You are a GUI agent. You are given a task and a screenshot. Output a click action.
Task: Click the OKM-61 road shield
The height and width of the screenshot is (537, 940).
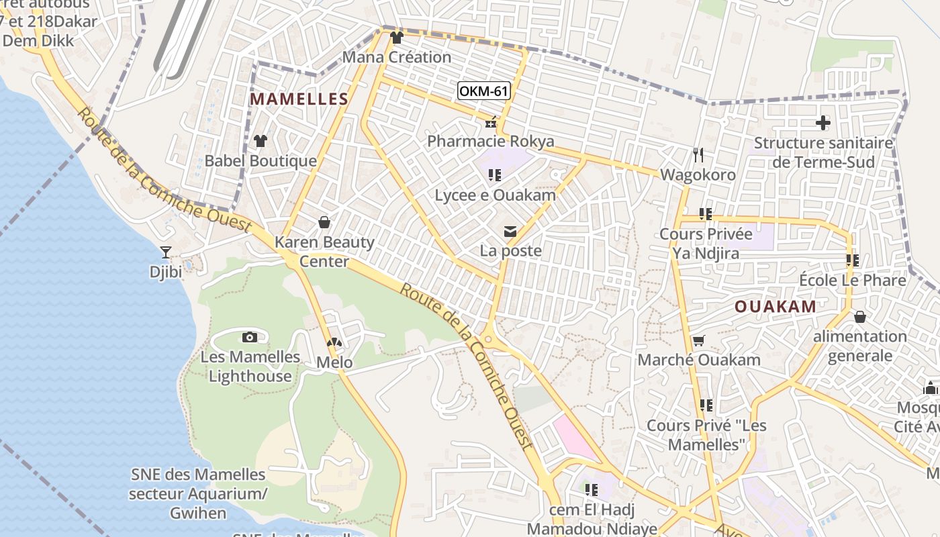tap(483, 91)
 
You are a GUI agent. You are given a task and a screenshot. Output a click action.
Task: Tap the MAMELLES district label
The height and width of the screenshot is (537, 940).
tap(299, 99)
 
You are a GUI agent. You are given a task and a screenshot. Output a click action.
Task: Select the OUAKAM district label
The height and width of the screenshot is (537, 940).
tap(775, 307)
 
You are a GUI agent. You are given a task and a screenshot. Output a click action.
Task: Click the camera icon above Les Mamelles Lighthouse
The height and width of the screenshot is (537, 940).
tap(250, 337)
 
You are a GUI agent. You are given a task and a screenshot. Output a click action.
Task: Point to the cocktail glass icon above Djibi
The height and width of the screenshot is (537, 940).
tap(166, 252)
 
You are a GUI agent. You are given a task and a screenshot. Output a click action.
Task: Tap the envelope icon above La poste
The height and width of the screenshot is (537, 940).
tap(510, 232)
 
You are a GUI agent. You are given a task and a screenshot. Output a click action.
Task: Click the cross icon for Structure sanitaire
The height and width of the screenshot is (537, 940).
tap(823, 123)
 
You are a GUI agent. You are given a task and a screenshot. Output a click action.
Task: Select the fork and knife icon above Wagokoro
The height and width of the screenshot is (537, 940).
tap(698, 155)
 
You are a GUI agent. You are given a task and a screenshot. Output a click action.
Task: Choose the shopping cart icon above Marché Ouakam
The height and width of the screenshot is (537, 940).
tap(699, 340)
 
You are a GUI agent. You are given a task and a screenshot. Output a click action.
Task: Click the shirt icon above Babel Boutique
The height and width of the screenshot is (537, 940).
tap(261, 141)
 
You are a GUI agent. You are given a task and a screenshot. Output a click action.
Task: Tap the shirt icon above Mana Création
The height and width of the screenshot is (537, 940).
tap(397, 38)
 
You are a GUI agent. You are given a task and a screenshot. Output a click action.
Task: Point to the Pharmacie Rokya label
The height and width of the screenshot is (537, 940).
tap(491, 141)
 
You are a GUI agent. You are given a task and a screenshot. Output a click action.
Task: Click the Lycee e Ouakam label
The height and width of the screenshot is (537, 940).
tap(496, 195)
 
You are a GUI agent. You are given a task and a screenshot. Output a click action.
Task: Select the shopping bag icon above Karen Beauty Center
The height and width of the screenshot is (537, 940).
tap(324, 222)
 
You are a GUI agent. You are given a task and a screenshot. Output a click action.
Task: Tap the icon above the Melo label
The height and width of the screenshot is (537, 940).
tap(334, 343)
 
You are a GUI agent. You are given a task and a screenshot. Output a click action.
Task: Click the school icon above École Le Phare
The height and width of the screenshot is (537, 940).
tap(853, 260)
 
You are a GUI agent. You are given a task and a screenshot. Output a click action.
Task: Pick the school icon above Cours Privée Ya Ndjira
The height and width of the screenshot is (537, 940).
tap(706, 214)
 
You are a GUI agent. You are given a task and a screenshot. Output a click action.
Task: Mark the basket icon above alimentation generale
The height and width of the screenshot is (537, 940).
tap(860, 317)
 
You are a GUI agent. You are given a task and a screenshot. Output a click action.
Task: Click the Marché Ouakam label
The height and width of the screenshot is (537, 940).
tap(699, 360)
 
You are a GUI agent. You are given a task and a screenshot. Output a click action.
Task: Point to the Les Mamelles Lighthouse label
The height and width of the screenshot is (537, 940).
tap(250, 367)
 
